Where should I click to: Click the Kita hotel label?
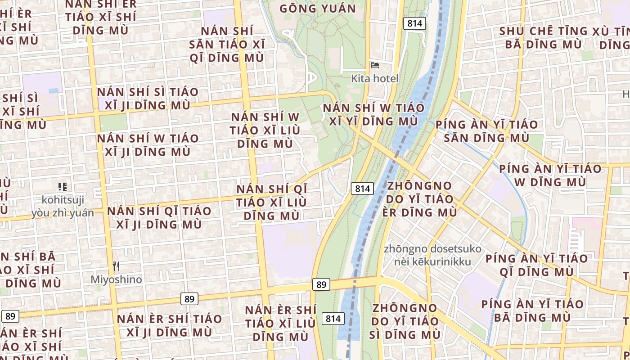coord(375,79)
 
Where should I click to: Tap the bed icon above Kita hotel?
coord(374,65)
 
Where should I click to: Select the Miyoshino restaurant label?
coord(116,279)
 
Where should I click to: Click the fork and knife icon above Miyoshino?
coord(116,266)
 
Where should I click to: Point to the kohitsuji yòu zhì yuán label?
coord(63,206)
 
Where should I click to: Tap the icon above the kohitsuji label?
coord(63,186)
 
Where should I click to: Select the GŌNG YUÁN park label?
coord(318,9)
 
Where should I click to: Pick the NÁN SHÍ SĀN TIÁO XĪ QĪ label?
coord(227,44)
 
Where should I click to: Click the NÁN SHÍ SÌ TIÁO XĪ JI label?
coord(148,99)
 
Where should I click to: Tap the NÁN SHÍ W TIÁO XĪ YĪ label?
coord(373,114)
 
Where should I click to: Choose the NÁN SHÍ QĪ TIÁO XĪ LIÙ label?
coord(271,202)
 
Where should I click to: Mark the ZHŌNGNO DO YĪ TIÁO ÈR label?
coord(419,198)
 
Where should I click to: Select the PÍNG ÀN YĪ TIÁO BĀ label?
coord(532,310)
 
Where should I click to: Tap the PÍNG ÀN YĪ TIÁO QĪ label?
coord(536,265)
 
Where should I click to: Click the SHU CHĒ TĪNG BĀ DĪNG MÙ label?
coord(544,38)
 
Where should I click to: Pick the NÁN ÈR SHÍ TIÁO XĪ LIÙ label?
coord(280,323)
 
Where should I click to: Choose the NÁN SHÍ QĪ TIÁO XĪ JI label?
coord(159,217)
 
